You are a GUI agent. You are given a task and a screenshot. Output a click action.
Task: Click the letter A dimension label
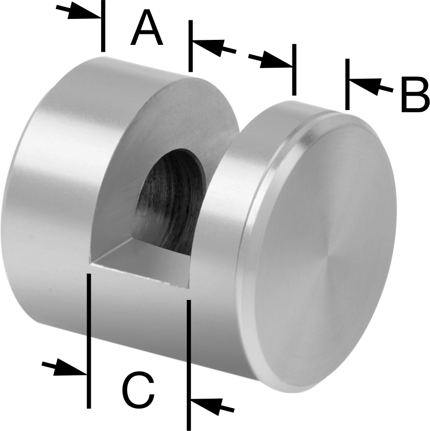click(147, 28)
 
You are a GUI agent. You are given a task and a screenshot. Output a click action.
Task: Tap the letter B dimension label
click(415, 95)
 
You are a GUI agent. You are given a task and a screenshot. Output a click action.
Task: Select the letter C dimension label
click(138, 390)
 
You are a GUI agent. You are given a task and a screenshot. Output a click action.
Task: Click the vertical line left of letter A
click(103, 26)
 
